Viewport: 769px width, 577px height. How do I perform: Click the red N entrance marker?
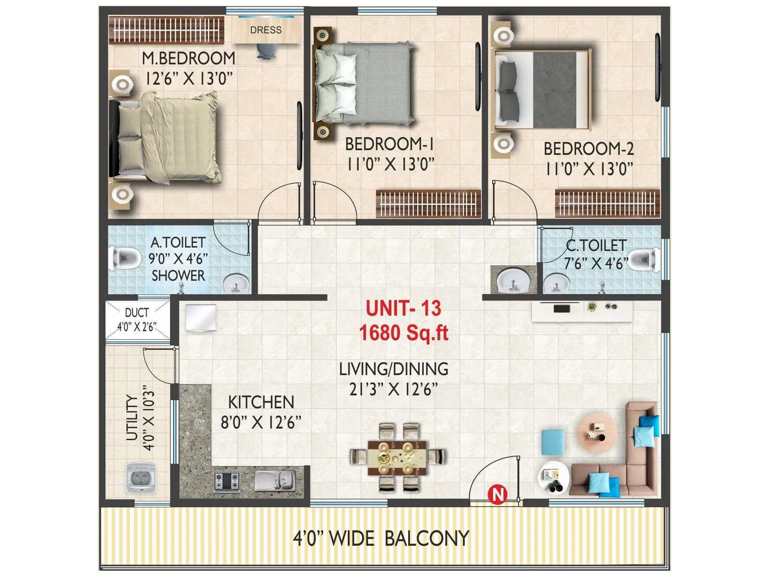tap(498, 494)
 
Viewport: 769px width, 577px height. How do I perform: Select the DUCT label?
tap(137, 313)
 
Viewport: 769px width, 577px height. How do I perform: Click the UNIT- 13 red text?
tap(403, 308)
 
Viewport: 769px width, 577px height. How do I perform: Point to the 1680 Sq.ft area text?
tap(403, 332)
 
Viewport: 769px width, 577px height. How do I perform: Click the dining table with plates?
tap(397, 457)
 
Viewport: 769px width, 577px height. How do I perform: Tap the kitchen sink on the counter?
tap(275, 479)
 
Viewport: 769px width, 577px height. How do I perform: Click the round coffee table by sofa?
tap(597, 431)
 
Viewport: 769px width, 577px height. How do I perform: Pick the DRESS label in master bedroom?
tap(266, 30)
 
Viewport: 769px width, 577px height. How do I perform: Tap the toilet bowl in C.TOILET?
tap(643, 260)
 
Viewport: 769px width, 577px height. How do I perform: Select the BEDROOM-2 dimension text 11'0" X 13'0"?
tap(589, 169)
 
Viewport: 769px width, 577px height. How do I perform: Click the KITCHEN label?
tap(261, 402)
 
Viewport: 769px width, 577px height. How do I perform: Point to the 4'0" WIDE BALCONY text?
tap(381, 538)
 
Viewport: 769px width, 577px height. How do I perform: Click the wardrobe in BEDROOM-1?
tap(428, 203)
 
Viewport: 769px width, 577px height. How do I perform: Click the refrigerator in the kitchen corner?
tap(200, 317)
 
